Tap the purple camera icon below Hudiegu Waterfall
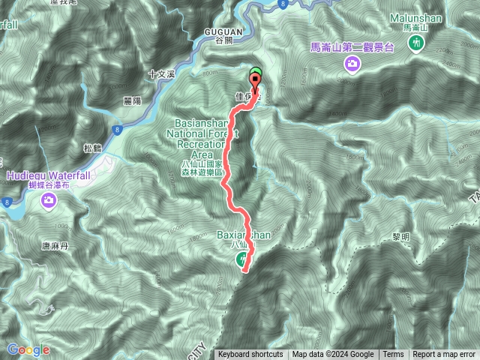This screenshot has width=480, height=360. (x=49, y=199)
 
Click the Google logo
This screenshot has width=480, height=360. (x=28, y=349)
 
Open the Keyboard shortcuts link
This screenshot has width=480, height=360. (x=250, y=355)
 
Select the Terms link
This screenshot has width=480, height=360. (x=392, y=355)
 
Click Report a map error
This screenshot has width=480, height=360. (x=444, y=355)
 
